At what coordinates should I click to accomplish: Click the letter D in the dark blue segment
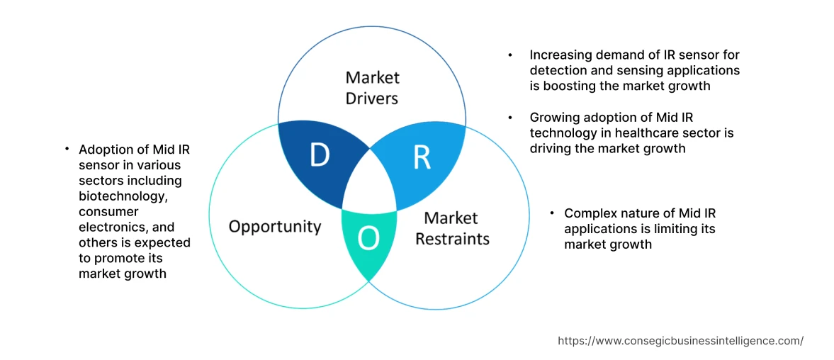(320, 155)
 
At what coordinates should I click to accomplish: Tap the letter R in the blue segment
(422, 158)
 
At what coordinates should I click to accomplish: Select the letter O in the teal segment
(368, 240)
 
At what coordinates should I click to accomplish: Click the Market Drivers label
(372, 88)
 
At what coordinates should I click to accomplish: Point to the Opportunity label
(275, 227)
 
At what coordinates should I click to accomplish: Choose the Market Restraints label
(452, 228)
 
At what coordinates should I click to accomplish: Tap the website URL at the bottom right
(680, 341)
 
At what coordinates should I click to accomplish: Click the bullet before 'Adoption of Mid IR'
(67, 149)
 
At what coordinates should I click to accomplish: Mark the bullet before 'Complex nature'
(552, 213)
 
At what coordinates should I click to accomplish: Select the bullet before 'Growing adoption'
(511, 118)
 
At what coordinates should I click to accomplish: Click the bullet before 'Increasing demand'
(511, 55)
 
